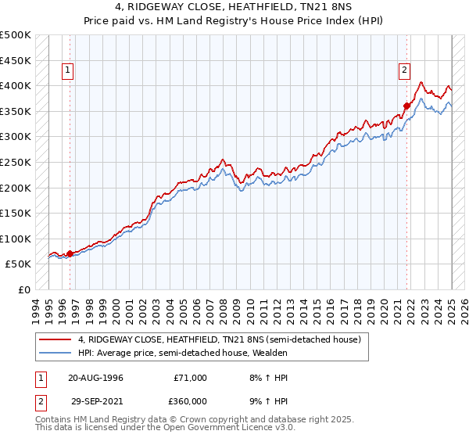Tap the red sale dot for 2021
pos(407,106)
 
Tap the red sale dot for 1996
pos(70,253)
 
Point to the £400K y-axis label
pos(16,86)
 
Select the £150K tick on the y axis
pos(16,214)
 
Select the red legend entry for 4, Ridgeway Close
pos(219,339)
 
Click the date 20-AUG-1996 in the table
pos(95,378)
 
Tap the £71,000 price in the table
pos(191,378)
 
